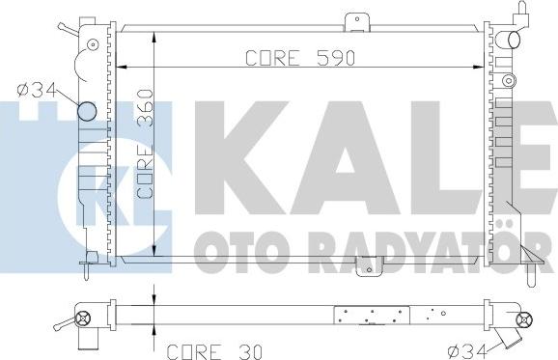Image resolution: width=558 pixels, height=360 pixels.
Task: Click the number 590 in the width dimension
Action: [336, 58]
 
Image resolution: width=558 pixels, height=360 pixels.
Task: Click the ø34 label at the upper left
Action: [37, 91]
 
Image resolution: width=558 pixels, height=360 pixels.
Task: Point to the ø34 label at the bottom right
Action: [467, 352]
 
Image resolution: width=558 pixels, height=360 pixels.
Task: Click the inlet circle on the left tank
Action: [87, 111]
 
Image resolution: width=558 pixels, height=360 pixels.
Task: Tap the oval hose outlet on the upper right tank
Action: [514, 40]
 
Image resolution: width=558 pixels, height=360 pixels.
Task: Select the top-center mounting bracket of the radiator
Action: [356, 22]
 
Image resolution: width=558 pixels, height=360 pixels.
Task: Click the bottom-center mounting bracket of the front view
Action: [370, 266]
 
